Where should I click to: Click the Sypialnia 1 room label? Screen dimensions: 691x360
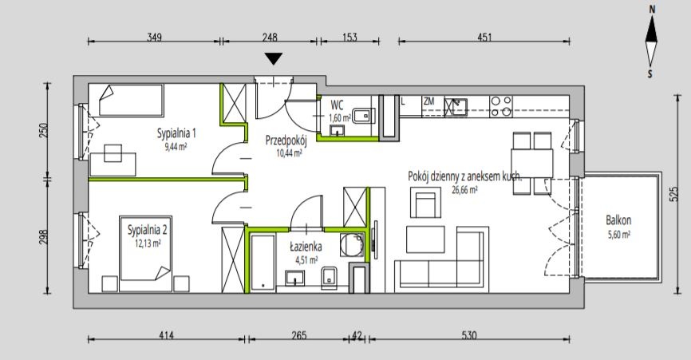pos(176,133)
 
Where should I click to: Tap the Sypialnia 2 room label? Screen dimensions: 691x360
pos(147,230)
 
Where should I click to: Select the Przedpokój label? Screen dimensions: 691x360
pos(286,140)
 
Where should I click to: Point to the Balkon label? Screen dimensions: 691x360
pos(618,220)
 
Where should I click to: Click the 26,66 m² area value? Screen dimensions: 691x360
pos(464,190)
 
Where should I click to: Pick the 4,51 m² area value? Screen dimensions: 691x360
pos(306,260)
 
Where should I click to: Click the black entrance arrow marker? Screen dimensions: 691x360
pos(274,58)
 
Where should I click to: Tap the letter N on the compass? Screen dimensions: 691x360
pos(652,10)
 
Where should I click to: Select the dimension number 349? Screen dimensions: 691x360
pos(154,37)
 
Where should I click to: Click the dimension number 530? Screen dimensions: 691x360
pos(469,335)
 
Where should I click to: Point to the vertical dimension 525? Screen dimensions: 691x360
pos(673,194)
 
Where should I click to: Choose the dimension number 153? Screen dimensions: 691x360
pos(349,37)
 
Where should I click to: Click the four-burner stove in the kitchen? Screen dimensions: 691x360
pos(501,106)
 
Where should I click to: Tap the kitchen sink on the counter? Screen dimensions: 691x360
pos(456,107)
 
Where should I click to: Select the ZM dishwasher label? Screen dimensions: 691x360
pos(428,101)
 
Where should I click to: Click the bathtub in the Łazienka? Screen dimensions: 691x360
pos(263,263)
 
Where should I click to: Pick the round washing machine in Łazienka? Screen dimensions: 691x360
pos(352,245)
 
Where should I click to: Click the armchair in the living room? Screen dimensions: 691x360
pos(425,202)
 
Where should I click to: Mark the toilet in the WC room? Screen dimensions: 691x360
pos(364,116)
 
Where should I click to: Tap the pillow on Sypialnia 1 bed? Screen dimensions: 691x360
pos(106,93)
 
